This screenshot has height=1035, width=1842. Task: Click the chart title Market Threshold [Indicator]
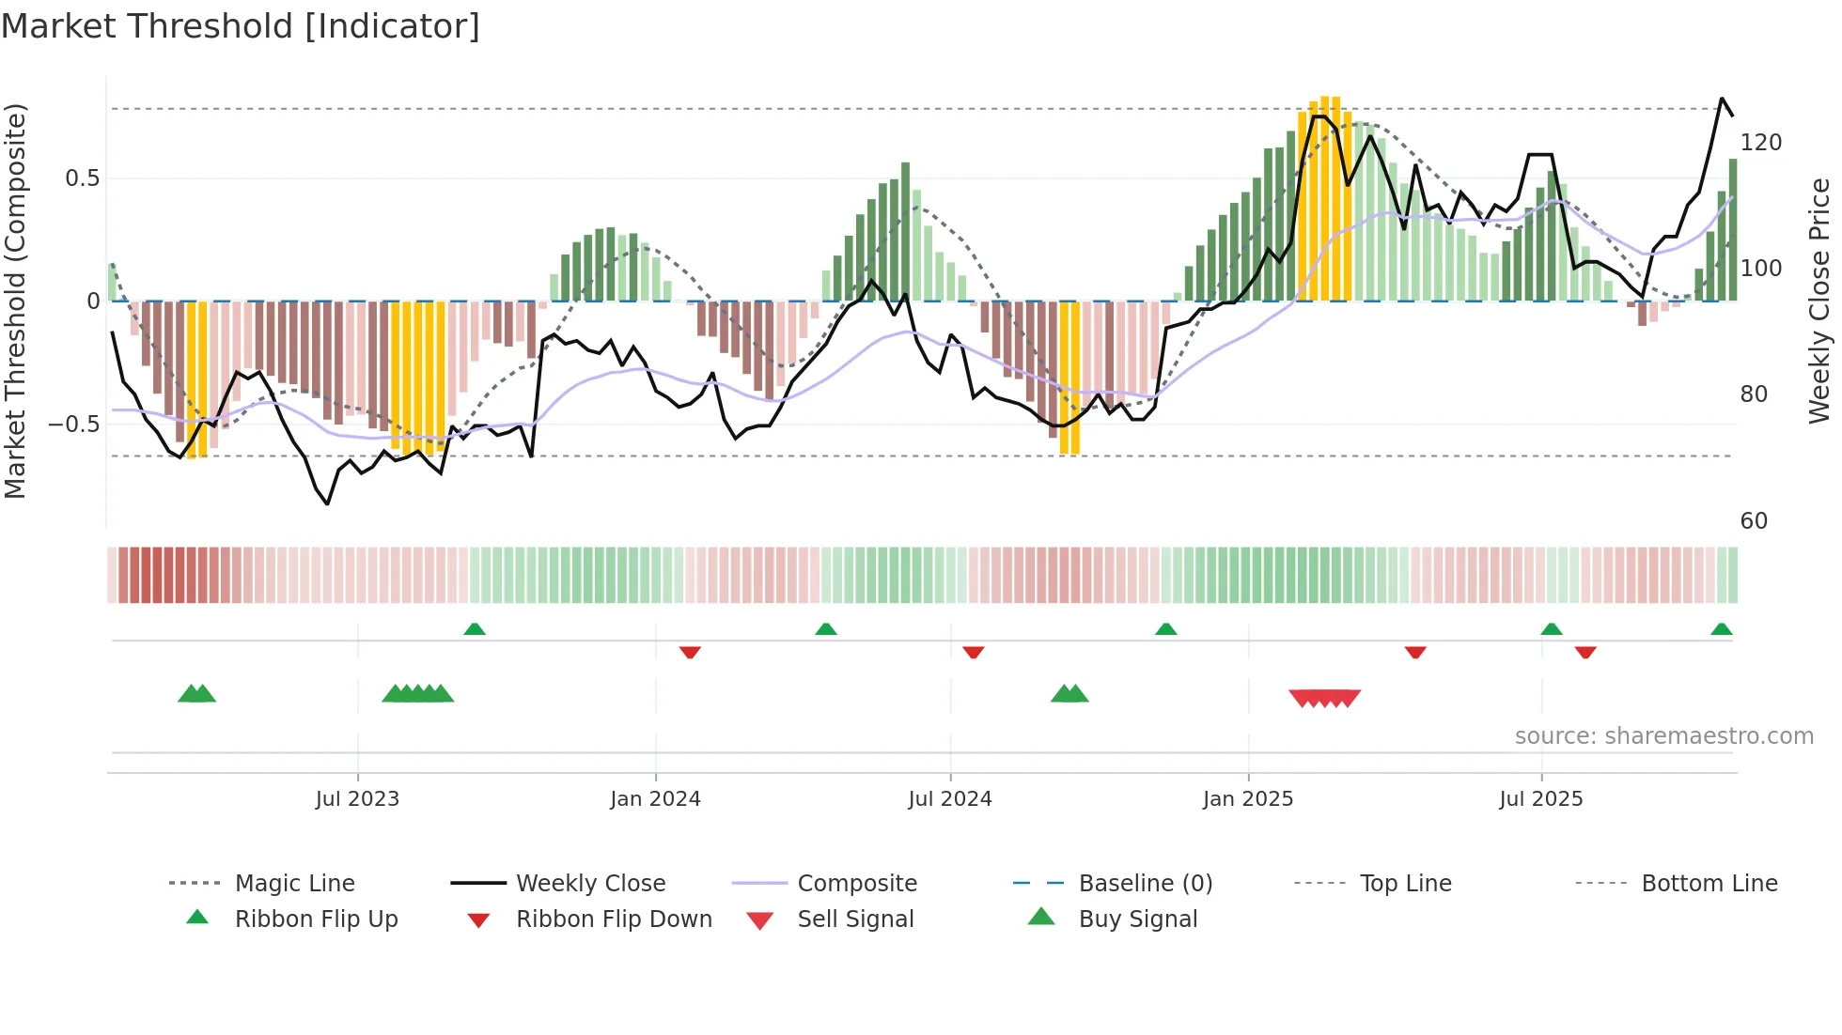(x=241, y=26)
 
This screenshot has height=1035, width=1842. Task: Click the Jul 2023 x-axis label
(x=357, y=799)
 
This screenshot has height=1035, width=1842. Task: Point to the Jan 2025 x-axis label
(x=1248, y=799)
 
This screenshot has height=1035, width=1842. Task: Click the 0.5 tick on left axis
(x=82, y=178)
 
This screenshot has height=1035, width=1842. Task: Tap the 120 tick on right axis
(x=1760, y=143)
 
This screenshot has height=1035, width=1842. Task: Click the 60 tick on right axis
(x=1754, y=521)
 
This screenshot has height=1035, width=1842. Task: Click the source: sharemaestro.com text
(x=1663, y=736)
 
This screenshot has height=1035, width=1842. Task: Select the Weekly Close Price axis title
(x=1819, y=301)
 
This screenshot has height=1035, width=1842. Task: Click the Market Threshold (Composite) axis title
(x=15, y=301)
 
